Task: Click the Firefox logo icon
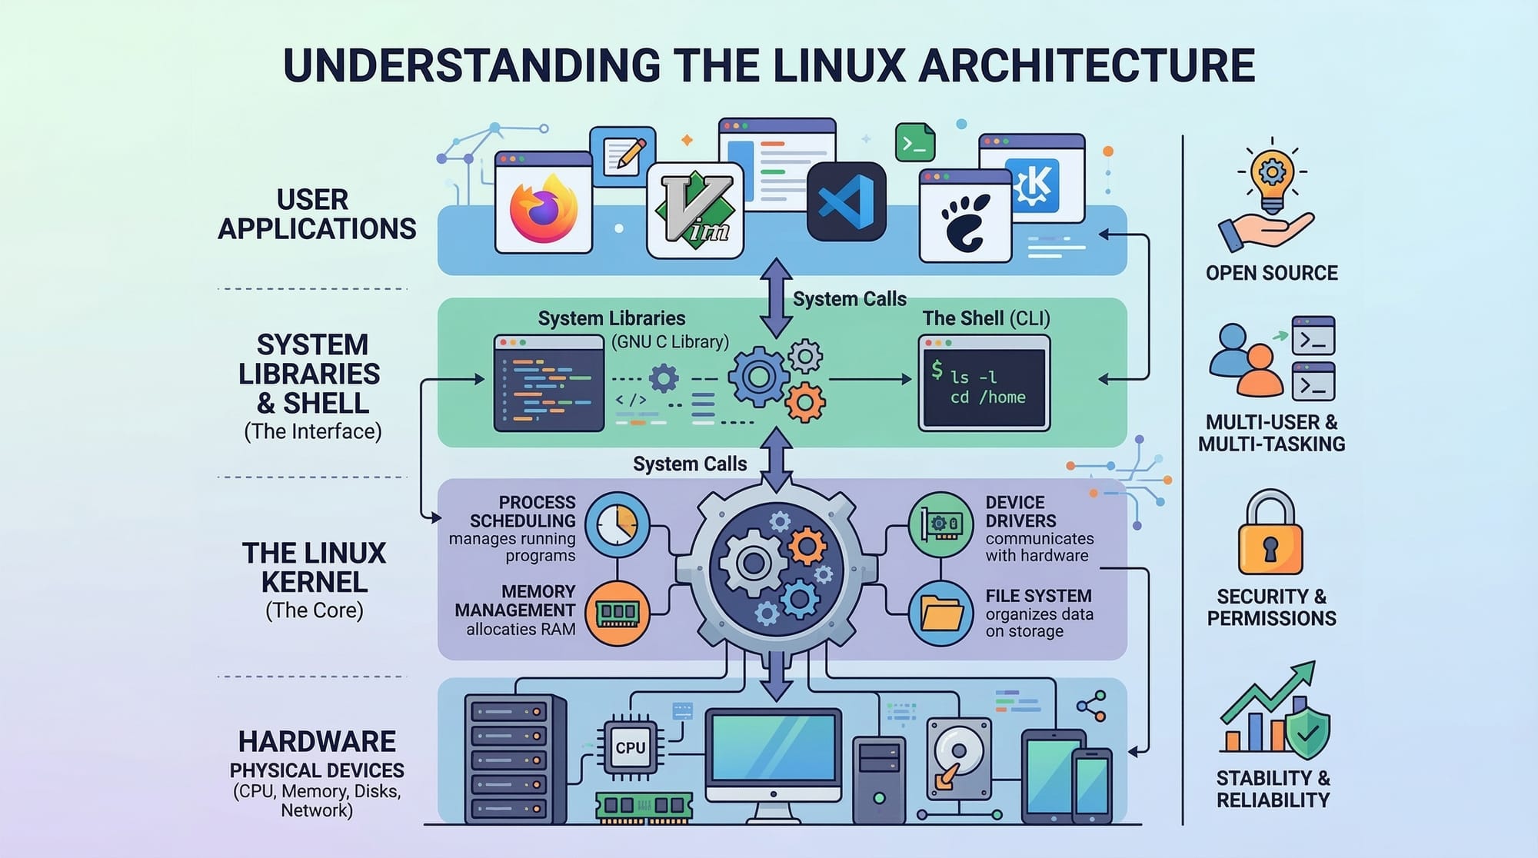[543, 208]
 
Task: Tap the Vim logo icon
[694, 209]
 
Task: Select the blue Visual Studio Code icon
[846, 202]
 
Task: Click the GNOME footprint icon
[965, 222]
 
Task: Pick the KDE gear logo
[1032, 185]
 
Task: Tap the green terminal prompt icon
[915, 142]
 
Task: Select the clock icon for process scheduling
[617, 524]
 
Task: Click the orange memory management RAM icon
[617, 613]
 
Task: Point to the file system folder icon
[941, 614]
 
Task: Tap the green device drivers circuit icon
[941, 524]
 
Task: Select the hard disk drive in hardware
[959, 758]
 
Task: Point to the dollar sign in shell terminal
[937, 370]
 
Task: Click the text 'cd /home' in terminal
[987, 397]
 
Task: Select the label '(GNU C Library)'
[670, 342]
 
